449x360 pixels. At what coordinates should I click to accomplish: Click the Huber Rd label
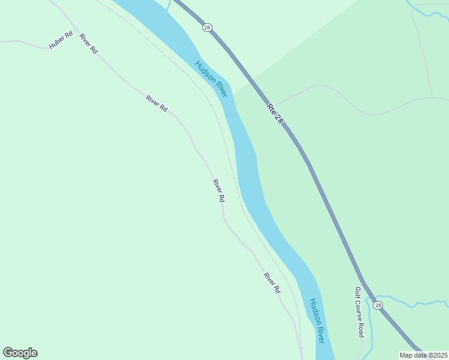61,40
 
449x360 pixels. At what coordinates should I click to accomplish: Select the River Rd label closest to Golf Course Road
271,283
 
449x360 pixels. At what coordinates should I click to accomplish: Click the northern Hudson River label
211,79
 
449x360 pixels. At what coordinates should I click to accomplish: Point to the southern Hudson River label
316,321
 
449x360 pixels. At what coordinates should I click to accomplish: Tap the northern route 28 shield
207,27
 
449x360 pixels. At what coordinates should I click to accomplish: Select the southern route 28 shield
378,305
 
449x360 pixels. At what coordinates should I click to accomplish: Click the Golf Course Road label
359,311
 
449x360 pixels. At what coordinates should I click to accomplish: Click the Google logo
20,353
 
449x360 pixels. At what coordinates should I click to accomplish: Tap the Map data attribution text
423,355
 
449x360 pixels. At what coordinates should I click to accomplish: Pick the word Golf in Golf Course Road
358,292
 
